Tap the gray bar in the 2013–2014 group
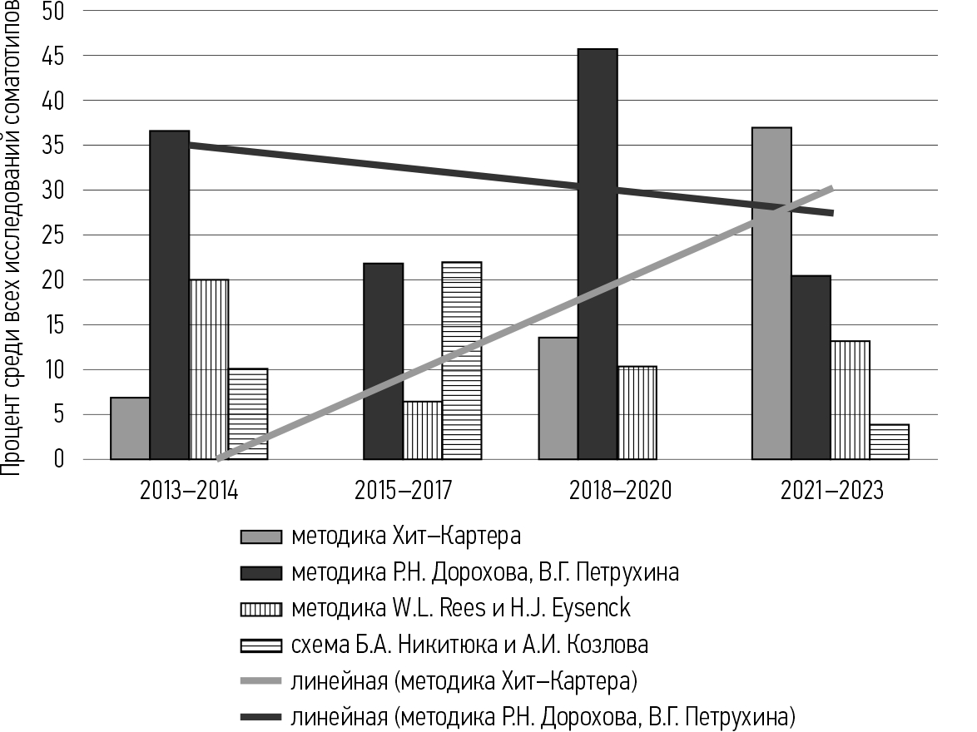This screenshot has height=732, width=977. point(130,428)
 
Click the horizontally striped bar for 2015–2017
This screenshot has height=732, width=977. point(462,360)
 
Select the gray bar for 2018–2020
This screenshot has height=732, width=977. point(558,398)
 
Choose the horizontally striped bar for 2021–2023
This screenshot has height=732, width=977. point(890,442)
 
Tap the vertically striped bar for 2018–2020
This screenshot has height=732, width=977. point(637,412)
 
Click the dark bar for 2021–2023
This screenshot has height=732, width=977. point(811,366)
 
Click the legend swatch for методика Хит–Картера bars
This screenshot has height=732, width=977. point(260,537)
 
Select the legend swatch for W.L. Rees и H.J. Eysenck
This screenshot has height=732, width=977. point(260,609)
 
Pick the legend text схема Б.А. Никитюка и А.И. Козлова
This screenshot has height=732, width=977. point(469,645)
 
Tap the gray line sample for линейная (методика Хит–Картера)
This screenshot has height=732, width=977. point(260,681)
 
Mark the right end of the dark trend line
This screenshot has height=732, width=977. point(831,213)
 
